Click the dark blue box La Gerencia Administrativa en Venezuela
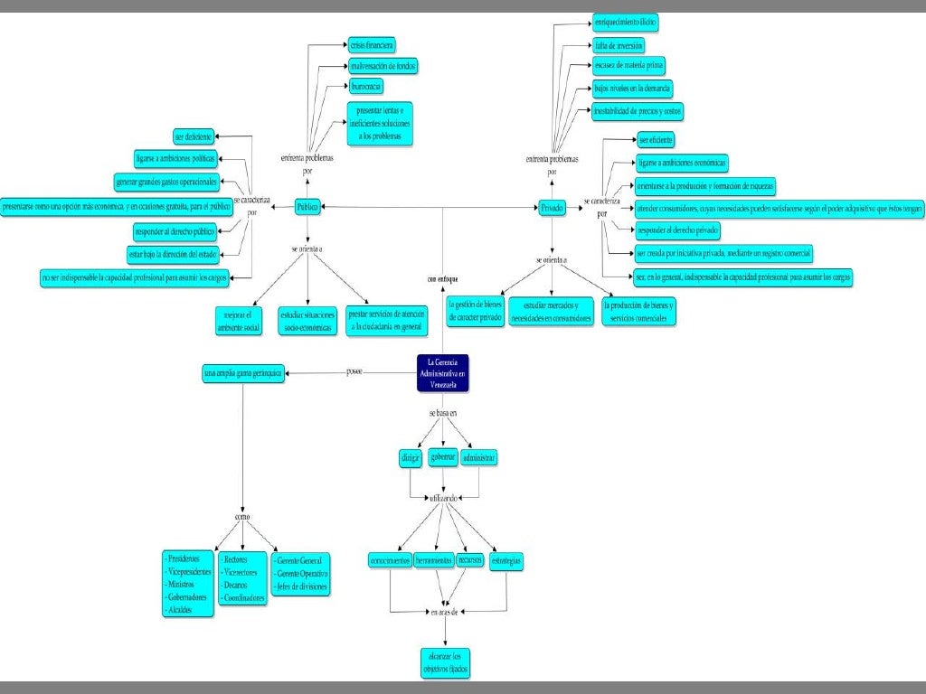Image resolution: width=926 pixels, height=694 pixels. [x=443, y=373]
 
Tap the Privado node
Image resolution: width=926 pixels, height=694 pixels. [x=552, y=208]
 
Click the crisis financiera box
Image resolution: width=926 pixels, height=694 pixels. [x=372, y=44]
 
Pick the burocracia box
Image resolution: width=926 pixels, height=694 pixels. [x=366, y=87]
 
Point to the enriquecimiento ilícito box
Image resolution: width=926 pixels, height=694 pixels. [x=626, y=20]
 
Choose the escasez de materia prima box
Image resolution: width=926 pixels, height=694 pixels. [x=628, y=66]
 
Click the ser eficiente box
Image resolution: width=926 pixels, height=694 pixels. [x=656, y=140]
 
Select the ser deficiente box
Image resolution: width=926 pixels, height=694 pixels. [x=194, y=137]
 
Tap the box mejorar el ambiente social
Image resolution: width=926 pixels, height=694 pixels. [x=238, y=321]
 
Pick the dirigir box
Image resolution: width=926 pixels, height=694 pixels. [x=410, y=458]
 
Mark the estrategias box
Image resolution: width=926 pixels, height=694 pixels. [x=506, y=561]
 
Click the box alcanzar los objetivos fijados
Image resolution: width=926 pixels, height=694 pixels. [x=445, y=662]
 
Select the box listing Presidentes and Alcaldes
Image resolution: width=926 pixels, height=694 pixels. [x=188, y=584]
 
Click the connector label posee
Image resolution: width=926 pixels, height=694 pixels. [x=354, y=370]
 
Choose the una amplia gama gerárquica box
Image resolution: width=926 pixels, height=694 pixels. [x=244, y=370]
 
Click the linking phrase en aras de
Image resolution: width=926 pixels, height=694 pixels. [x=444, y=612]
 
